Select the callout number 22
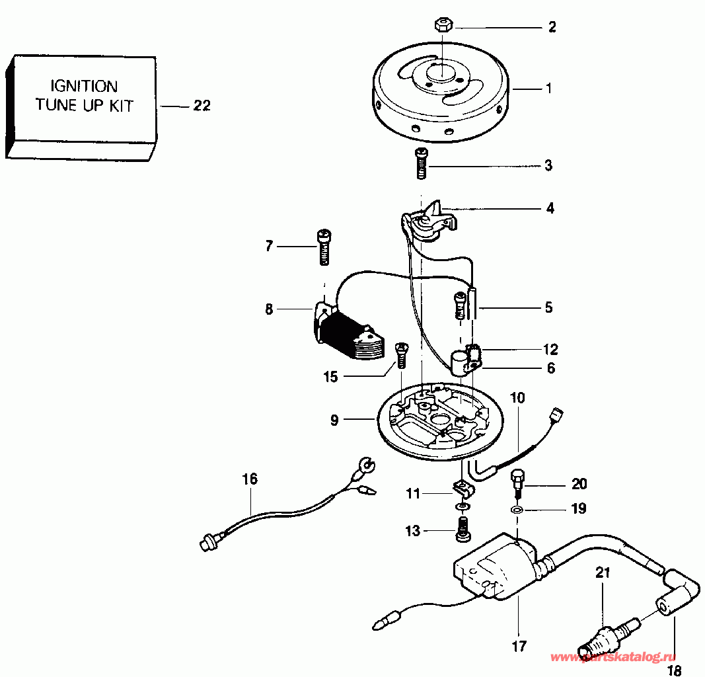(x=202, y=106)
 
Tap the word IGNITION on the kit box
(x=85, y=87)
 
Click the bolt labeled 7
(x=323, y=246)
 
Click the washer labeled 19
(x=517, y=510)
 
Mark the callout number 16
(x=250, y=479)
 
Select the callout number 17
(x=519, y=646)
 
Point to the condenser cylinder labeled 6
(x=461, y=360)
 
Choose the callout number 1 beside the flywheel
(x=548, y=87)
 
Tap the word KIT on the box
(x=120, y=106)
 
